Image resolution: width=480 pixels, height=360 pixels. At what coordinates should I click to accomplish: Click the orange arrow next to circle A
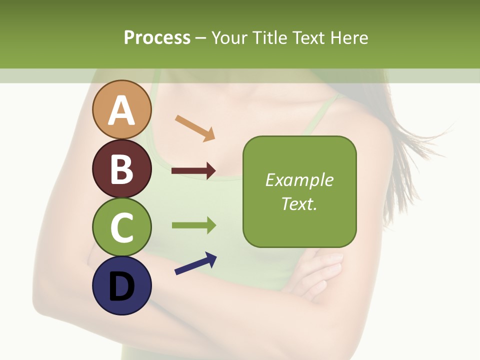(x=195, y=128)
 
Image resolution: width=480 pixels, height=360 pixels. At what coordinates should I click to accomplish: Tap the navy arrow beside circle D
(x=195, y=264)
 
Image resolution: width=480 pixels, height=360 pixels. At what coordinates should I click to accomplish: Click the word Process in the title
(x=157, y=37)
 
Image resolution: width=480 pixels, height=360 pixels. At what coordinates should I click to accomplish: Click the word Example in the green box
(x=299, y=180)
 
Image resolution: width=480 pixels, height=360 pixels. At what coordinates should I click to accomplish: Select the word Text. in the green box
(x=299, y=203)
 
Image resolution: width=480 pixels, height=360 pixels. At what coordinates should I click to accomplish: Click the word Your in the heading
(x=230, y=37)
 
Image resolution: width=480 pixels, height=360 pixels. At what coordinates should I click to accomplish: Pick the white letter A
(x=122, y=110)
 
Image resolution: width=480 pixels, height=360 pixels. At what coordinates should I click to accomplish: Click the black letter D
(x=122, y=286)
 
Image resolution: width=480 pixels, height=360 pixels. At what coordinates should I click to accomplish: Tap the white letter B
(x=122, y=169)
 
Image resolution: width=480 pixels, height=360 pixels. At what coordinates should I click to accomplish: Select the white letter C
(x=122, y=228)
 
